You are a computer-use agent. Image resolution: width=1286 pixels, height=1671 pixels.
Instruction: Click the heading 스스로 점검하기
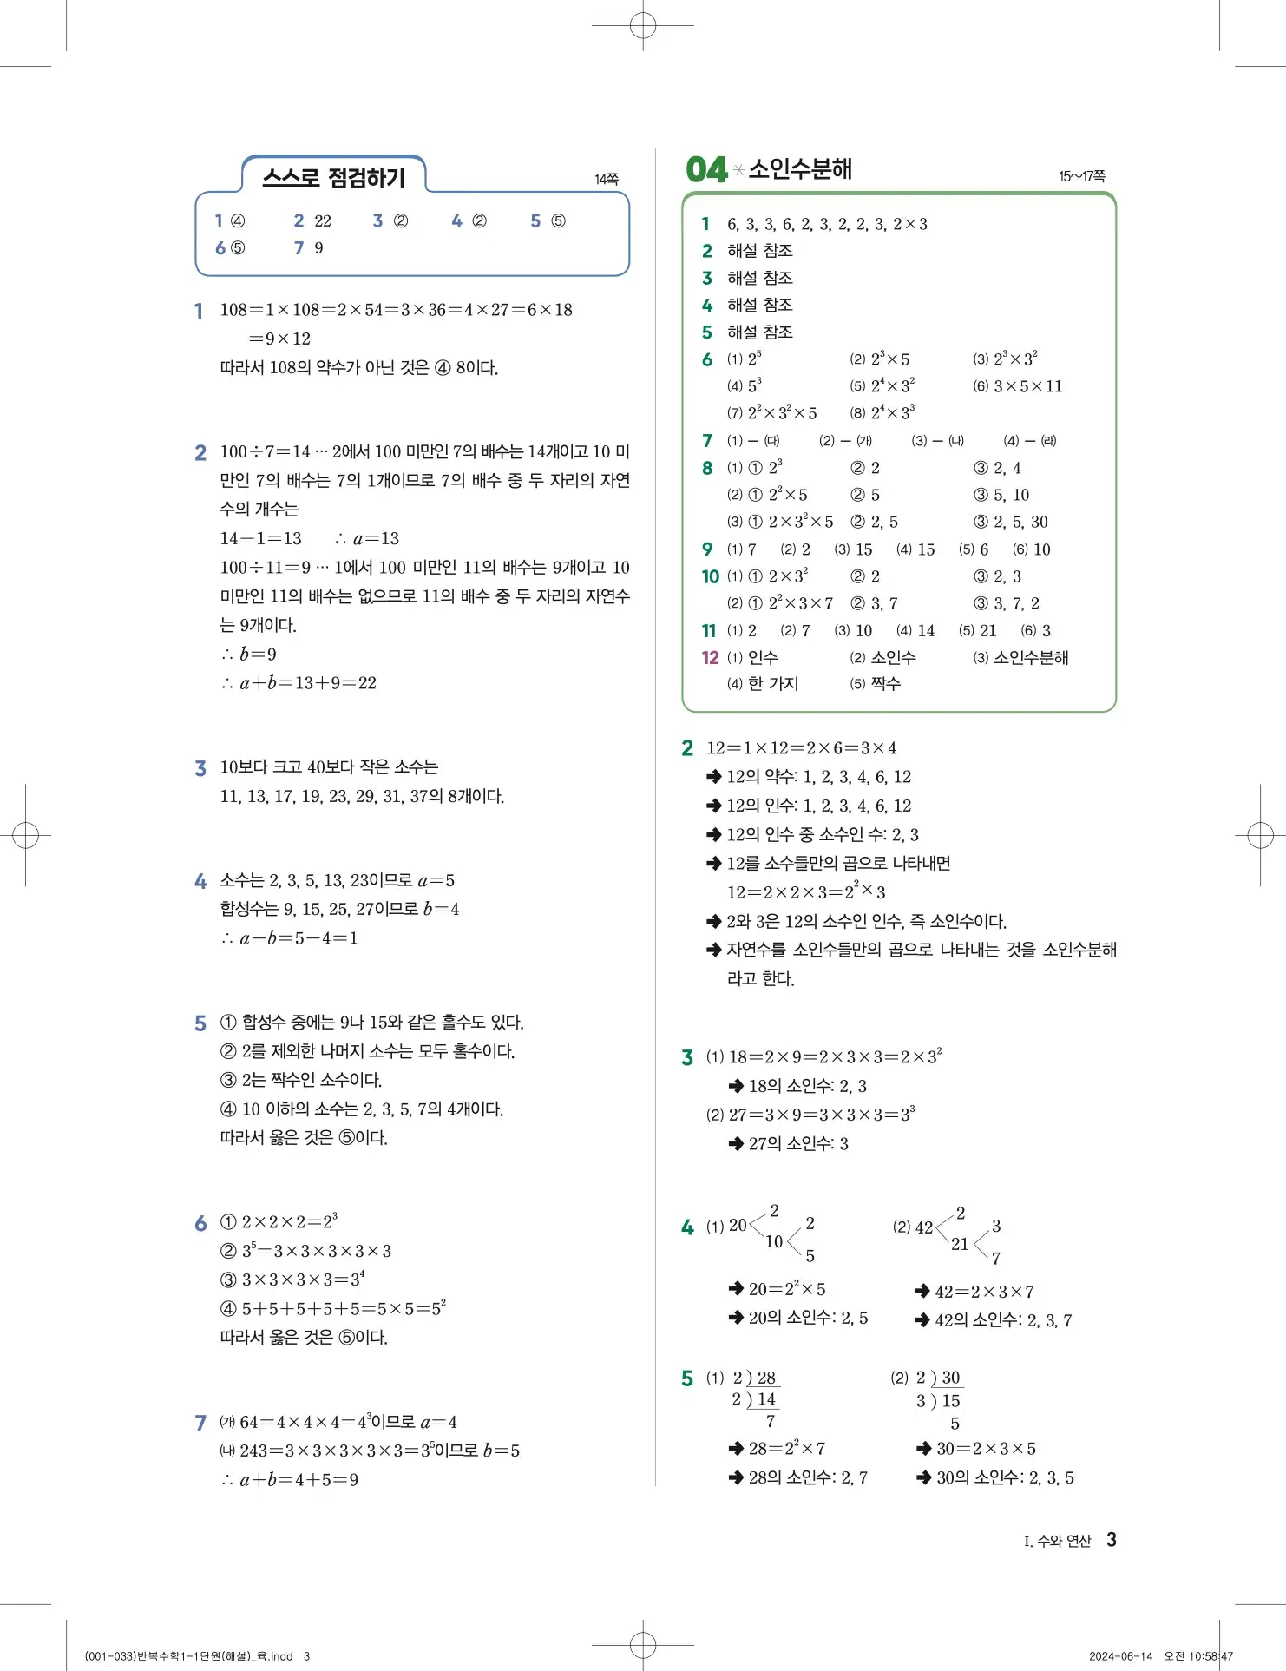(333, 178)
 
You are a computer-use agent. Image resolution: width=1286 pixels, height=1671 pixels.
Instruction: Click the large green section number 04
(706, 169)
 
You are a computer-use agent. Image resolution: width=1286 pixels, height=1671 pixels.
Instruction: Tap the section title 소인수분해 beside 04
(800, 168)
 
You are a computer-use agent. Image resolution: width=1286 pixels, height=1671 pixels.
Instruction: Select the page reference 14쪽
(607, 179)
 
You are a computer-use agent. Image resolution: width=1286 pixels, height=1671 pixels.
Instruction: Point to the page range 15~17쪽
(1081, 176)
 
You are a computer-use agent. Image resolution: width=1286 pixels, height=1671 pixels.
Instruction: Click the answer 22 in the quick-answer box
(323, 221)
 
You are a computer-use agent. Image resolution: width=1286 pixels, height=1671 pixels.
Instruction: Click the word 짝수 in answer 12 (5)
(885, 684)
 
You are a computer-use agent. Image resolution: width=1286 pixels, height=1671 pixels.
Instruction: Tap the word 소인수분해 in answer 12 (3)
(1031, 658)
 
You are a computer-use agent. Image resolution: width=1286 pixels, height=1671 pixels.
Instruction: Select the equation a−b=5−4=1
(299, 938)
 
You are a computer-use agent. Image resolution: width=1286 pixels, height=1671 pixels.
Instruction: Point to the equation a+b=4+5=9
(299, 1480)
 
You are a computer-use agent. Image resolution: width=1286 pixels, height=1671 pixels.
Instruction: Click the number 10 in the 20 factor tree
(774, 1242)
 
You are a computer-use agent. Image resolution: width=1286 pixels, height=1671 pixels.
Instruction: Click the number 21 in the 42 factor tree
(960, 1244)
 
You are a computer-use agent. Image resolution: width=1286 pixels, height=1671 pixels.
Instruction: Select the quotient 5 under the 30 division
(955, 1424)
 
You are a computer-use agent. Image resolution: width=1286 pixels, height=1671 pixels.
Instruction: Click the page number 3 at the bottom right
(1112, 1540)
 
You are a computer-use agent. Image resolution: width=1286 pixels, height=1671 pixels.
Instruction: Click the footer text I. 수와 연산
(1057, 1542)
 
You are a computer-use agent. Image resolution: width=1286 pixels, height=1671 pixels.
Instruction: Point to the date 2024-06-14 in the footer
(1120, 1656)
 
